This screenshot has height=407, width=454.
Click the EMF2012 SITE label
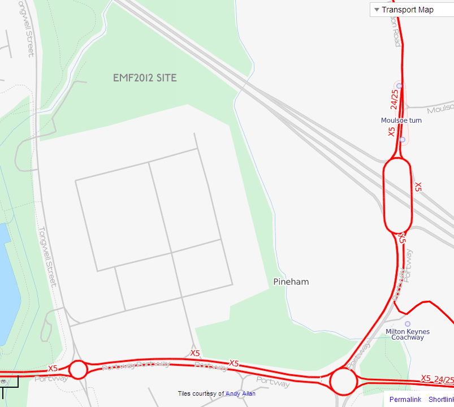point(145,78)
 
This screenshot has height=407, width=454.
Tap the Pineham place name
point(291,282)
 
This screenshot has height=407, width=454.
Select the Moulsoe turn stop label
point(401,120)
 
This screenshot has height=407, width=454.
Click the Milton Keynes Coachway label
point(407,334)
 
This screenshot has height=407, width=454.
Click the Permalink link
point(405,400)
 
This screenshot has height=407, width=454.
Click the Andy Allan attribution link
point(240,393)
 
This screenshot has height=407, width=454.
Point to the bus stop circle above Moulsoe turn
point(399,86)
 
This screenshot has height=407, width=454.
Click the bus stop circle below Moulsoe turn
point(402,139)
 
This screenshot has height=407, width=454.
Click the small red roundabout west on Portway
point(78,370)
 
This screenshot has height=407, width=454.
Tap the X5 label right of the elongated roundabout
point(418,187)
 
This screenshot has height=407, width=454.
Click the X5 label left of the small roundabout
point(53,368)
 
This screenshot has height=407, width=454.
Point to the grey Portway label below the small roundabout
point(51,379)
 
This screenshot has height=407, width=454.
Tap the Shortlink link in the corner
point(440,400)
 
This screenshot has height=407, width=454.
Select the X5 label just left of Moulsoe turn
point(391,132)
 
